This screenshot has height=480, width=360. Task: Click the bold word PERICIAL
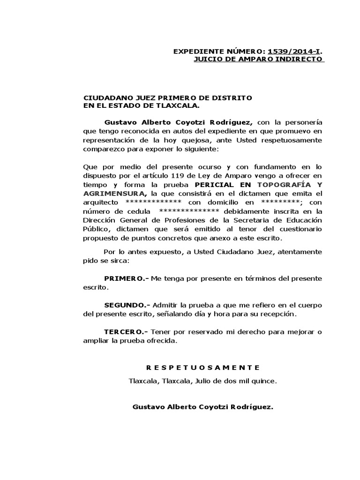(214, 186)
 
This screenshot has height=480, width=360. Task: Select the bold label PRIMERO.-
(126, 278)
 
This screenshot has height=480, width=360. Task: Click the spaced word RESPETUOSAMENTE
(202, 367)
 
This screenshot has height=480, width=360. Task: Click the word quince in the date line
(265, 381)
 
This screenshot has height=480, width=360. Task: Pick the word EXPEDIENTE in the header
(195, 51)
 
